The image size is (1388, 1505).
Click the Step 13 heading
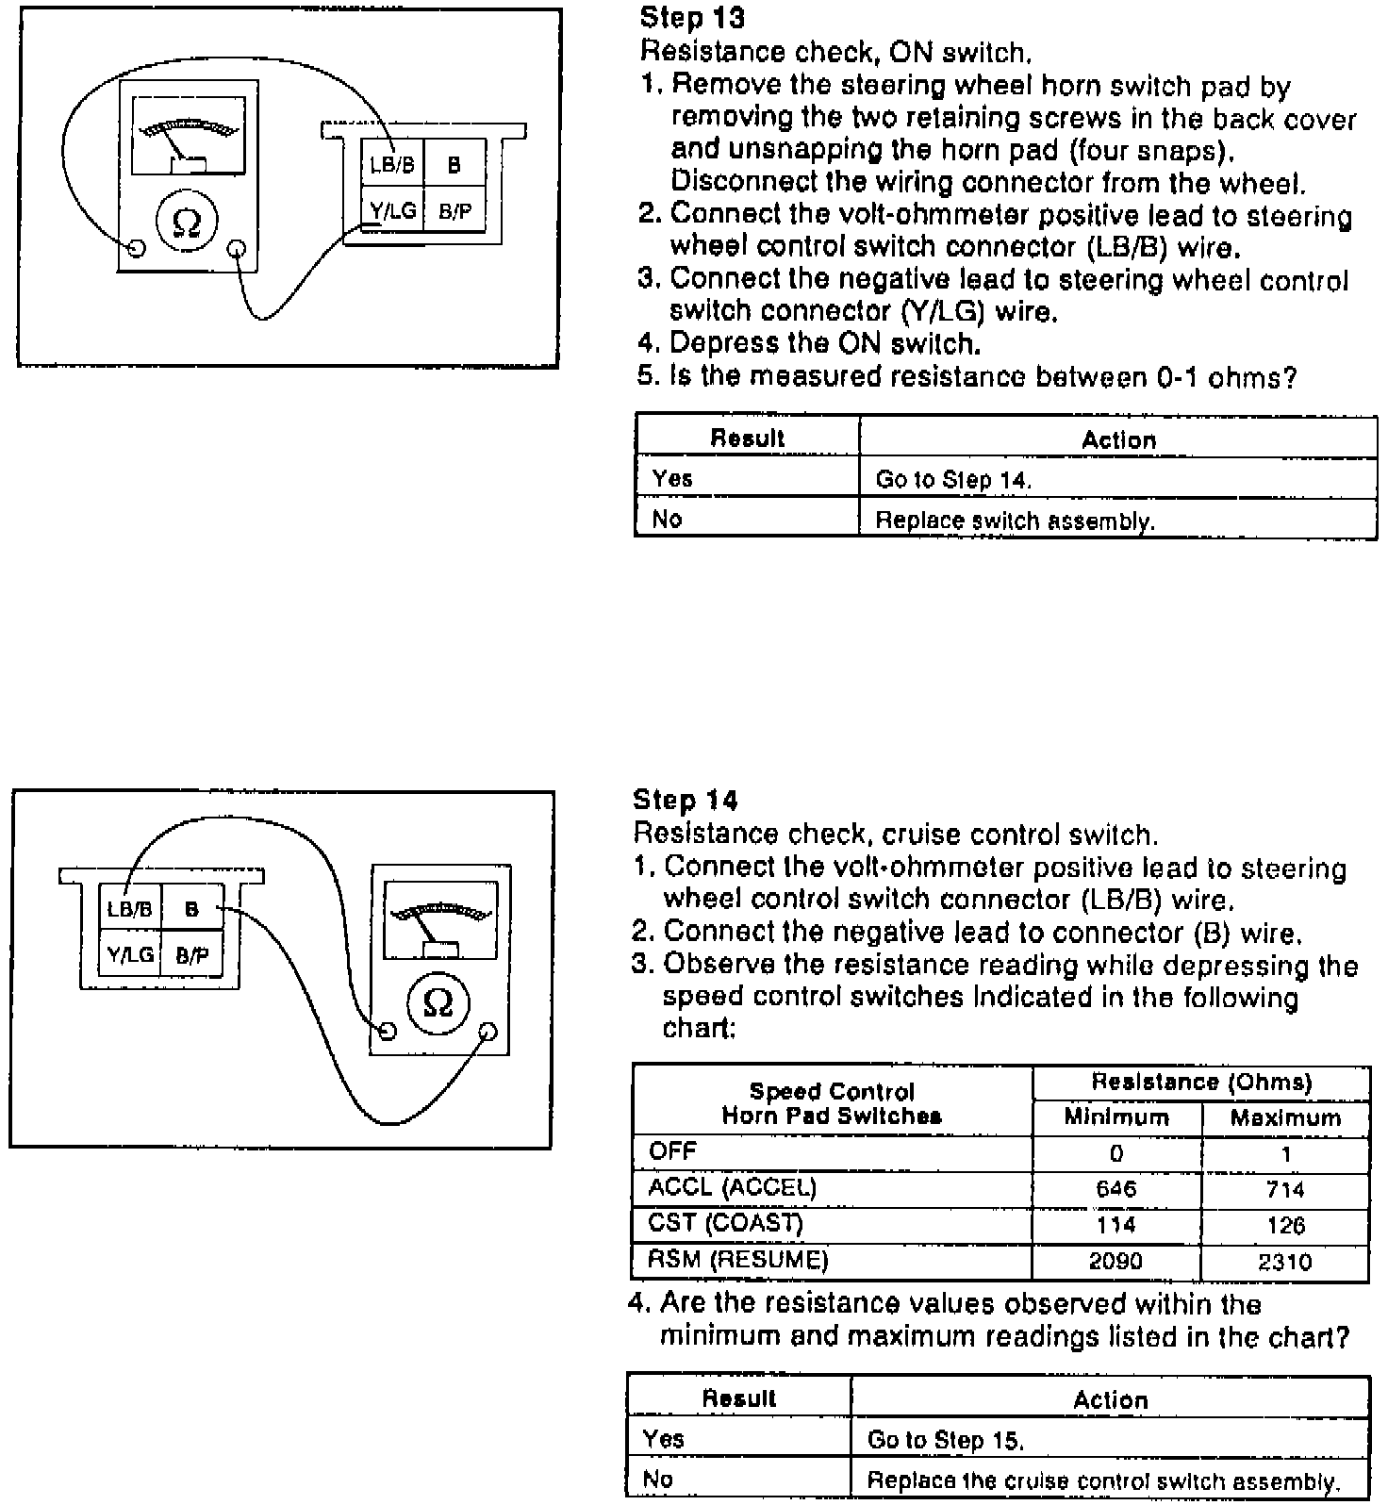(692, 17)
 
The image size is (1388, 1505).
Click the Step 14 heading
(686, 801)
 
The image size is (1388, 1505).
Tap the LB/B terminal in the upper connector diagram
(392, 165)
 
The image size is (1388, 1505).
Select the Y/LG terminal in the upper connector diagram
(392, 211)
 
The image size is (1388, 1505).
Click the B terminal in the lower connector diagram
(192, 910)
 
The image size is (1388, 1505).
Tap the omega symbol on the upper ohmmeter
(188, 223)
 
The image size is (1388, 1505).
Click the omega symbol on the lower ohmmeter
(438, 1003)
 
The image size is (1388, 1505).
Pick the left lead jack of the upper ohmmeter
(136, 248)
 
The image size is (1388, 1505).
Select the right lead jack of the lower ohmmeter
(487, 1031)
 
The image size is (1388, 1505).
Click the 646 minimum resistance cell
(1116, 1189)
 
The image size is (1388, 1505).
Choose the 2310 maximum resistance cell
(1285, 1262)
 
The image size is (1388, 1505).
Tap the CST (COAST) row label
(725, 1223)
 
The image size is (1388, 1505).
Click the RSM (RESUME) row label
(737, 1260)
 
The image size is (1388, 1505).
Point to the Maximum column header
(1285, 1118)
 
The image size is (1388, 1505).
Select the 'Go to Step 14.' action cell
(953, 480)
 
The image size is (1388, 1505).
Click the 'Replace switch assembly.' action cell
(1015, 521)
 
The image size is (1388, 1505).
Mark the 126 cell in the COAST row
(1285, 1226)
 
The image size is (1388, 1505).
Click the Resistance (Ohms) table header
(1201, 1082)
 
